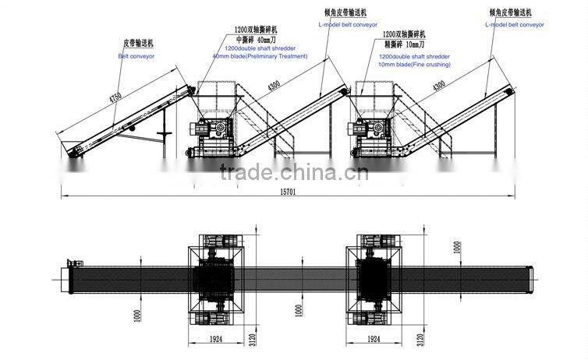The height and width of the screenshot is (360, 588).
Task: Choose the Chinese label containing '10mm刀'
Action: (x=406, y=46)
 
